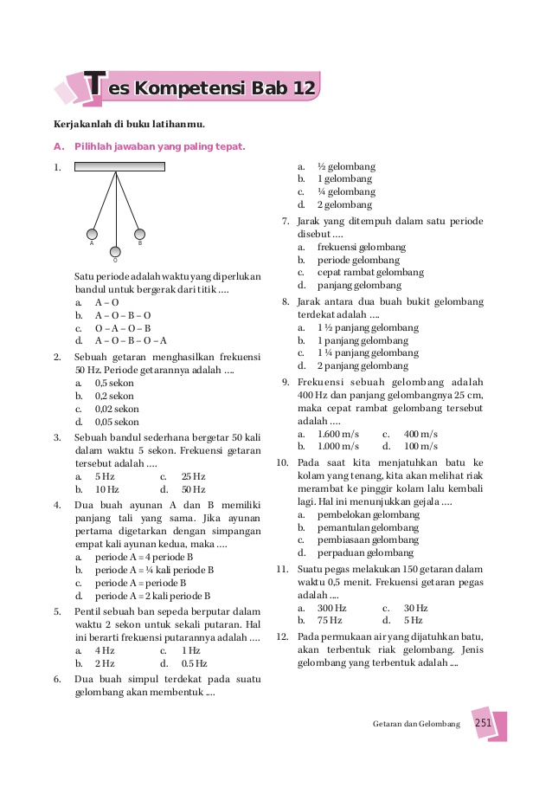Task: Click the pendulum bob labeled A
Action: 92,233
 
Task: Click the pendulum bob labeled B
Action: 140,233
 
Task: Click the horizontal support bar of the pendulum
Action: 117,168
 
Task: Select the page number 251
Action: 483,724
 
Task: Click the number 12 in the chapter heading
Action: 303,89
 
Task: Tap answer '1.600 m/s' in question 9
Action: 338,433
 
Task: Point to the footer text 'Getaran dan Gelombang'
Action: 416,724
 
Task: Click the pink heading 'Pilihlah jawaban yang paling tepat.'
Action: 159,147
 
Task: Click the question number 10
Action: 282,463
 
